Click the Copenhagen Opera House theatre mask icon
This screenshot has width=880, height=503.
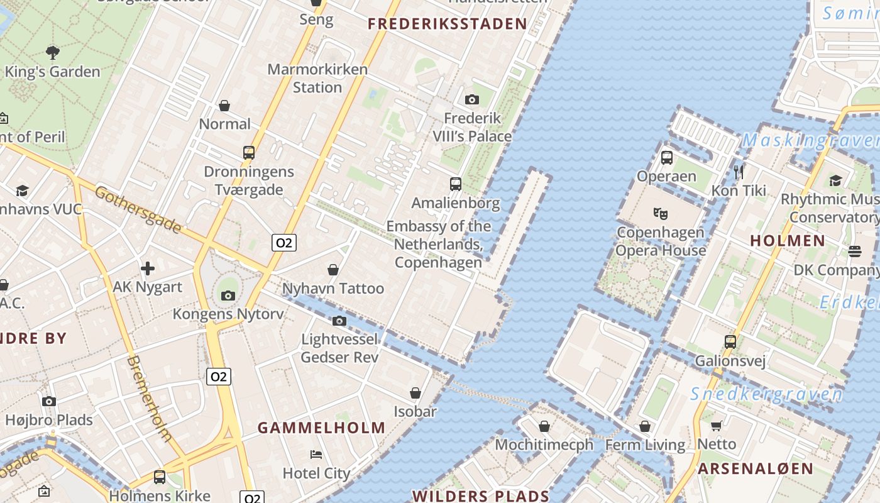660,213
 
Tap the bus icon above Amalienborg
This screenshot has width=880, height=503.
456,184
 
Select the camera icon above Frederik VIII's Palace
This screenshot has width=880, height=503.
472,99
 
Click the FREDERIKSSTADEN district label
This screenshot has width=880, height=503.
448,25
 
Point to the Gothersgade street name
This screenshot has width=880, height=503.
138,209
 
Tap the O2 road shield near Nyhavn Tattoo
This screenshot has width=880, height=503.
284,243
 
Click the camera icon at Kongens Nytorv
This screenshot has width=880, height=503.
228,296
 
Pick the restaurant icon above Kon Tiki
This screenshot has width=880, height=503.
739,171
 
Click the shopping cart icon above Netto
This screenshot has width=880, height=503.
716,425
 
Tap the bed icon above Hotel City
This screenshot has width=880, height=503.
316,454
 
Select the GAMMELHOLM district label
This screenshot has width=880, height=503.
321,428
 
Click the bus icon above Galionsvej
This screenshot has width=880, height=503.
730,342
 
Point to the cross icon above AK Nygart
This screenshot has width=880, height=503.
148,268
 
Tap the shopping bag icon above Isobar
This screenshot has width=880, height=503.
415,393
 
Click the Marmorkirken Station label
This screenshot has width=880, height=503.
317,78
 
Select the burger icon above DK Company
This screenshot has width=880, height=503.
854,251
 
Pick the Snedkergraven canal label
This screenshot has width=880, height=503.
766,395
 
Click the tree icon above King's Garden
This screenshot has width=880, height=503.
53,53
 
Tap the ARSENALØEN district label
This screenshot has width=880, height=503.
756,468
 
